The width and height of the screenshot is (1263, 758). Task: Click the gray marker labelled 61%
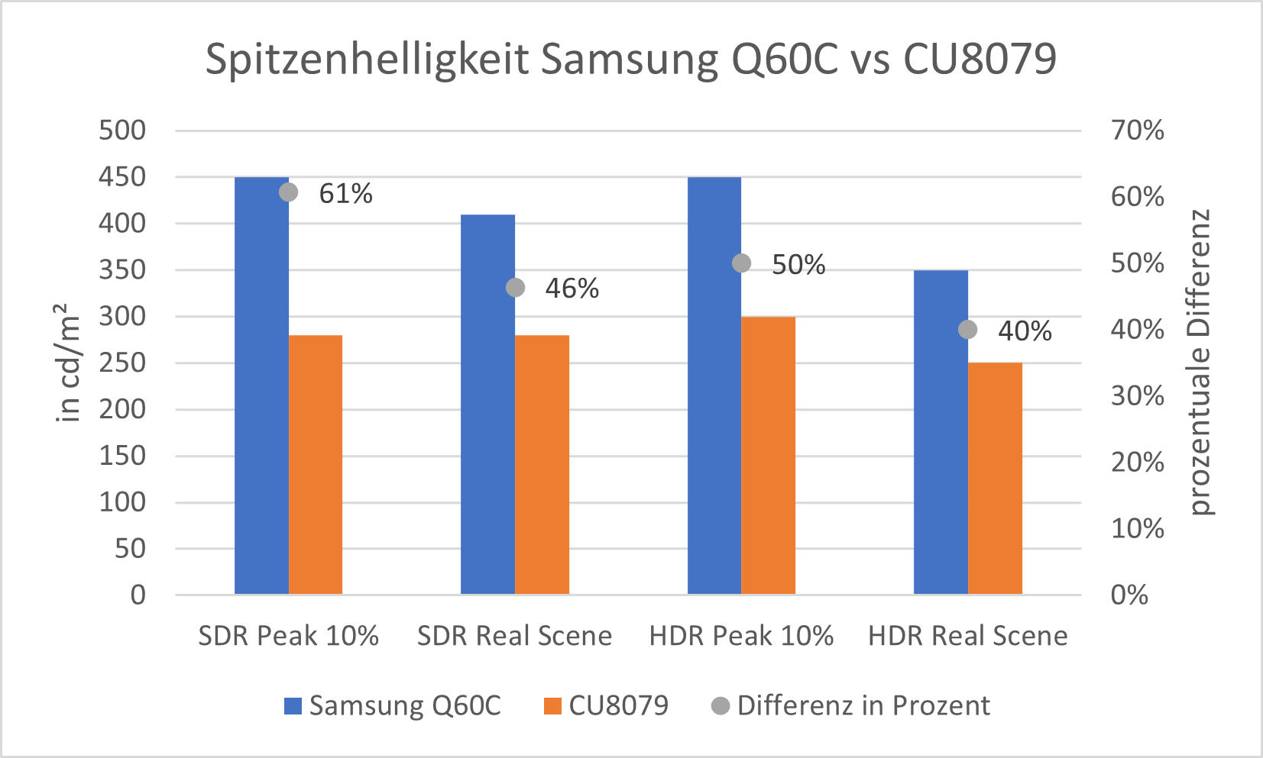288,192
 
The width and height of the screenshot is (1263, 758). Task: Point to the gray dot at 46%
515,288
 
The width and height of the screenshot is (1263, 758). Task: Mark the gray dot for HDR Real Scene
967,330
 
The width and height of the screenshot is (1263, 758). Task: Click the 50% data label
798,265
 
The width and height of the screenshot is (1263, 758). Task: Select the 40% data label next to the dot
1025,331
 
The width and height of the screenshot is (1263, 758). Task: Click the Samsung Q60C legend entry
393,705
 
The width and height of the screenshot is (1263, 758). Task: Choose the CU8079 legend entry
607,705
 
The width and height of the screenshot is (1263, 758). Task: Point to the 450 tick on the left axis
122,177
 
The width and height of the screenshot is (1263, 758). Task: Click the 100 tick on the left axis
122,502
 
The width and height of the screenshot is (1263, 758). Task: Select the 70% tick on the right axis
1137,131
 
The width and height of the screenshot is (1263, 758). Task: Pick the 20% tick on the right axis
1137,462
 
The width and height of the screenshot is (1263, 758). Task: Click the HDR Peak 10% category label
741,636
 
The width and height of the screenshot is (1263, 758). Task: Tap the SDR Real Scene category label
514,636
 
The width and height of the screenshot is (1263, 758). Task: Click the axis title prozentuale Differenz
1200,362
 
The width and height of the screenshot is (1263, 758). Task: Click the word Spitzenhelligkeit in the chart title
367,59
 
